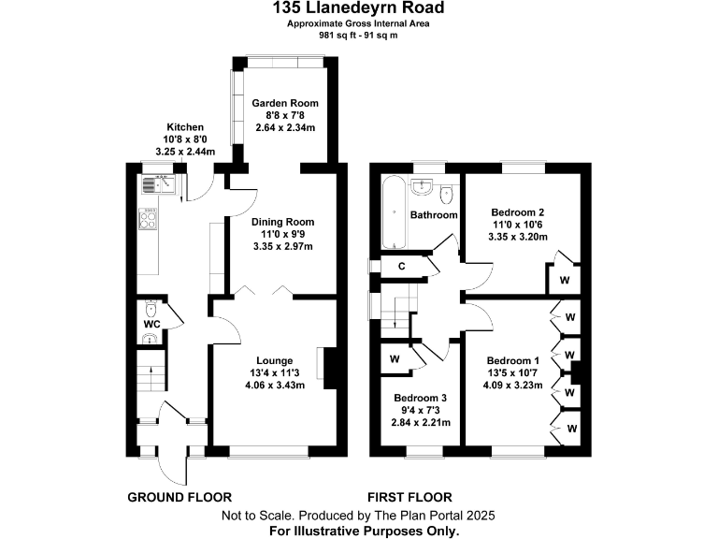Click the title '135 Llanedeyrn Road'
358,8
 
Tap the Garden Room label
285,103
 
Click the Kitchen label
185,127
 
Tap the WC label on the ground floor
151,325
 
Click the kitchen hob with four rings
149,221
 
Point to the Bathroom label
436,215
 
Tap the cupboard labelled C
401,267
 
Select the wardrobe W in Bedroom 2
565,278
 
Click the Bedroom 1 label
512,361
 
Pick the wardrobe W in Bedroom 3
394,357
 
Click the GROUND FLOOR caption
179,497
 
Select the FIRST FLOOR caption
409,497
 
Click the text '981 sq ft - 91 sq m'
358,35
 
